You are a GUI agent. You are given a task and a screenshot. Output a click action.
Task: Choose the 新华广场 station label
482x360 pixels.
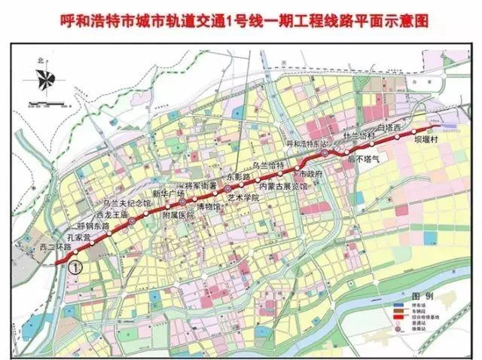point(168,194)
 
